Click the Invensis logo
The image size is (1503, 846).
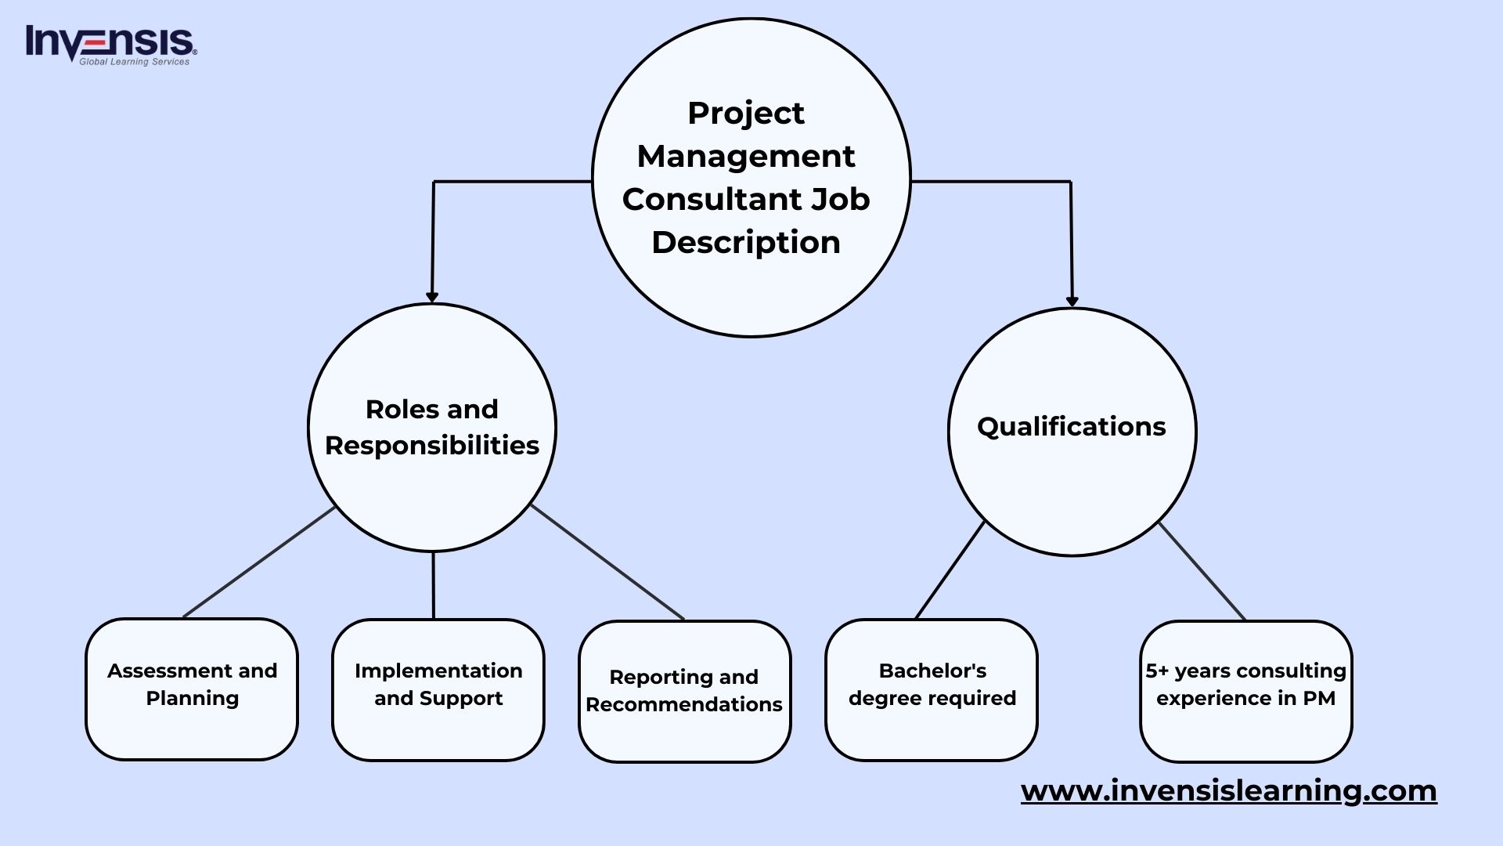pos(110,45)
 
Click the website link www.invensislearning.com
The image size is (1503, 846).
pos(1228,790)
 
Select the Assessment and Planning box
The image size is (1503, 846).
pos(192,689)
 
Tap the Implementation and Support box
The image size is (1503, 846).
pos(438,689)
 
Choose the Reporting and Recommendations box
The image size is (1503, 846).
pos(684,691)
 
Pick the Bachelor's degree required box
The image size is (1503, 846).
pos(932,689)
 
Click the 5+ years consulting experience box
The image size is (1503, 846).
pos(1245,691)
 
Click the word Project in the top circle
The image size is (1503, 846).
pos(745,114)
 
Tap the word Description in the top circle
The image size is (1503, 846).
pos(745,242)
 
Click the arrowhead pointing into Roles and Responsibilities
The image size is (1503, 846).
pos(432,297)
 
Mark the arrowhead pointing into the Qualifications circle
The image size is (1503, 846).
pos(1072,302)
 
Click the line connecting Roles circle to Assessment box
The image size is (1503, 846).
pos(258,562)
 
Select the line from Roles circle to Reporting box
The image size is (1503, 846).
pos(607,562)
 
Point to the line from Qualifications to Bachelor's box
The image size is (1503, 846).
pos(950,569)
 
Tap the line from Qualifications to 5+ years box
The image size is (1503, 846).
pos(1202,571)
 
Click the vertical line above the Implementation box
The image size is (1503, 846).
pos(433,585)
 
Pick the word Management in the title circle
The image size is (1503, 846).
pos(745,156)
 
